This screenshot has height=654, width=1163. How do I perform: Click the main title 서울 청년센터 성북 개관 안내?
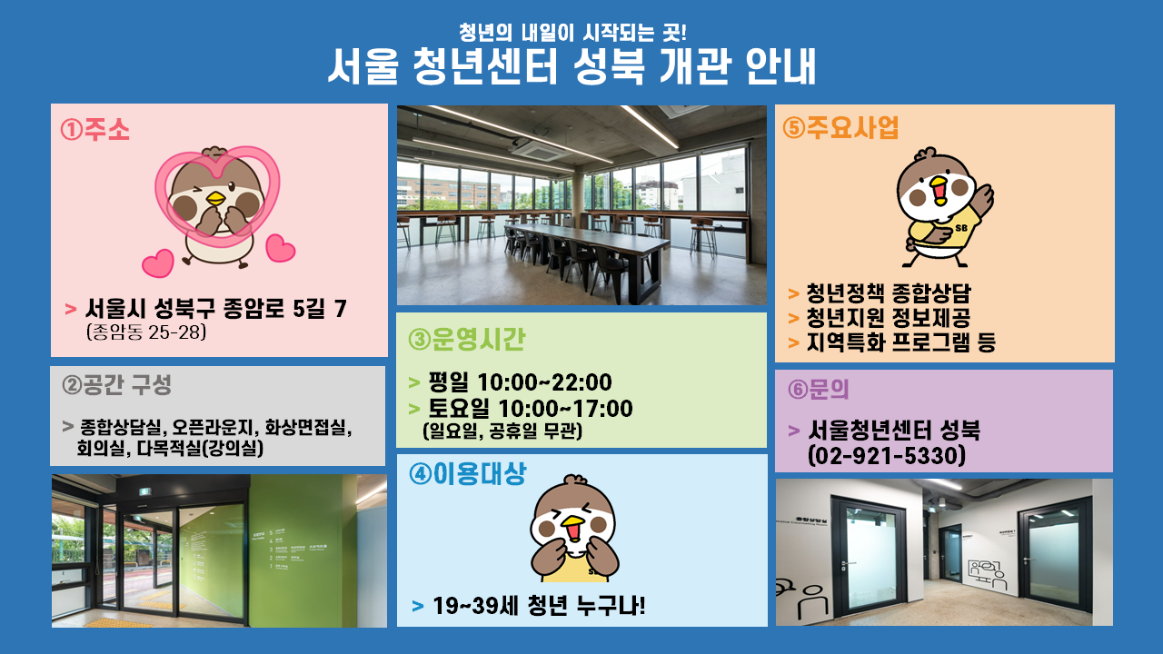point(572,66)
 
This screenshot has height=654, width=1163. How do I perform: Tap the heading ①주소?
point(94,129)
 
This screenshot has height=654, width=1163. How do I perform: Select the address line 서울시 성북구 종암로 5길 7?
point(215,309)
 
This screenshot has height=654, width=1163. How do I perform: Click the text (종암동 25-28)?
point(146,332)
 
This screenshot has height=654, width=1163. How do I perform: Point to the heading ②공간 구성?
point(116,384)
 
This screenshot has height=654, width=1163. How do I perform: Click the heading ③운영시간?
point(467,340)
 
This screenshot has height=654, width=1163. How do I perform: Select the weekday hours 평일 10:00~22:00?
point(520,382)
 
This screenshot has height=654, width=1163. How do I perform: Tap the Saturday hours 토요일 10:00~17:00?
point(530,409)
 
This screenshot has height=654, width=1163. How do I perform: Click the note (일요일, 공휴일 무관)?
point(502,431)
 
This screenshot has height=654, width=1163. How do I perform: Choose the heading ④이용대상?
point(467,474)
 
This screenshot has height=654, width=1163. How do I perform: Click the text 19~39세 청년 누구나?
point(539,606)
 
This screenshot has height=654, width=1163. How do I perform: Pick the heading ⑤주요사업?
point(840,128)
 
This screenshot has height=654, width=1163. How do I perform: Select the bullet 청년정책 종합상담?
point(889,293)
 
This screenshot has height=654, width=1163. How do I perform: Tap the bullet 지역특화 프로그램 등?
point(900,342)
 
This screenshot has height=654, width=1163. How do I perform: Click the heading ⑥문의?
point(818,390)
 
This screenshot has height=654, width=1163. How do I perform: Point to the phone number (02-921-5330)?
point(887,456)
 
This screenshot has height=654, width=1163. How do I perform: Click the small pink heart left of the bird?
point(158,263)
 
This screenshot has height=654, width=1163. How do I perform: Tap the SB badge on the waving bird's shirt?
point(961,228)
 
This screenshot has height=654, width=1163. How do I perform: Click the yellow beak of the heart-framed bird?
point(215,198)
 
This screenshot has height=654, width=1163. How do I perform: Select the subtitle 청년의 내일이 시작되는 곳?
point(572,33)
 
